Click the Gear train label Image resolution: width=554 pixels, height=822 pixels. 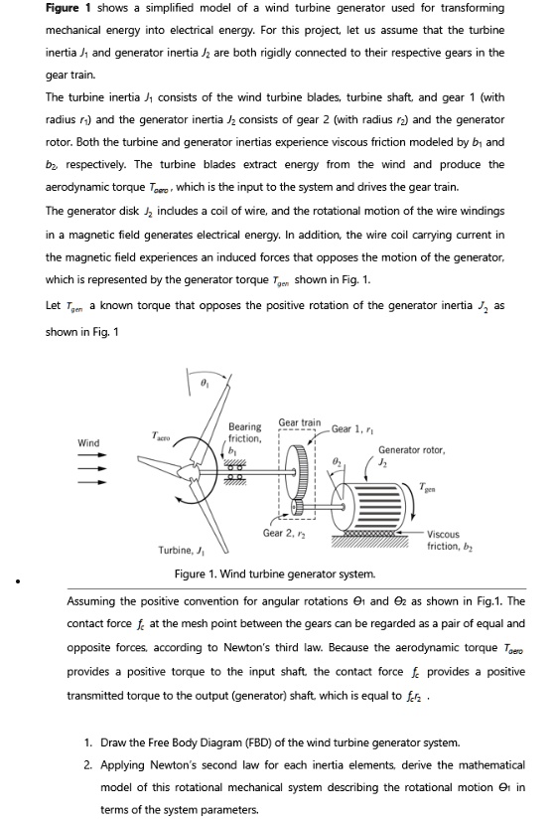[299, 422]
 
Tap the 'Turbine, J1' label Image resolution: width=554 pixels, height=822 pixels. [181, 550]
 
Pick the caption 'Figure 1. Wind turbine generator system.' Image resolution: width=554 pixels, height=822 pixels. [275, 575]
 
